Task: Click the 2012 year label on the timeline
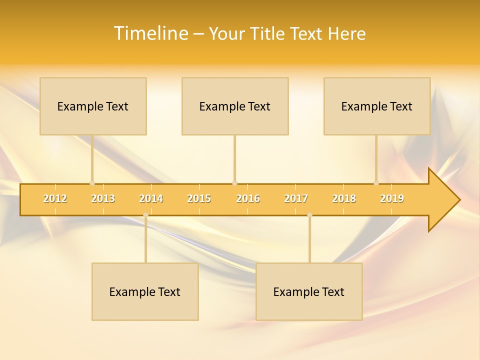tap(55, 198)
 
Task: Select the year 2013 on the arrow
tap(103, 198)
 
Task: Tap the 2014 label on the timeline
tap(151, 198)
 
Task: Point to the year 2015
tap(199, 198)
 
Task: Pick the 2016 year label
tap(248, 198)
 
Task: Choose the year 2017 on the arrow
tap(296, 198)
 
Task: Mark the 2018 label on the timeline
tap(344, 198)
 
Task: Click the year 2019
tap(392, 198)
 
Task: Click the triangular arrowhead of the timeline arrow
tap(442, 199)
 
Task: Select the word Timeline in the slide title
tap(150, 33)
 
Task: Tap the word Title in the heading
tap(267, 33)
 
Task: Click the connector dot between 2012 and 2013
tap(92, 183)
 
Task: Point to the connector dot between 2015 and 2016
tap(234, 183)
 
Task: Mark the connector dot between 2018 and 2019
tap(376, 183)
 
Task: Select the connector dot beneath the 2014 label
tap(145, 215)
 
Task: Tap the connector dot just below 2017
tap(309, 215)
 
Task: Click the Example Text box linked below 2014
tap(145, 291)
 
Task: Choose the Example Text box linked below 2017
tap(309, 291)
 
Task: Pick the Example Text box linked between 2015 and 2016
tap(235, 106)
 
